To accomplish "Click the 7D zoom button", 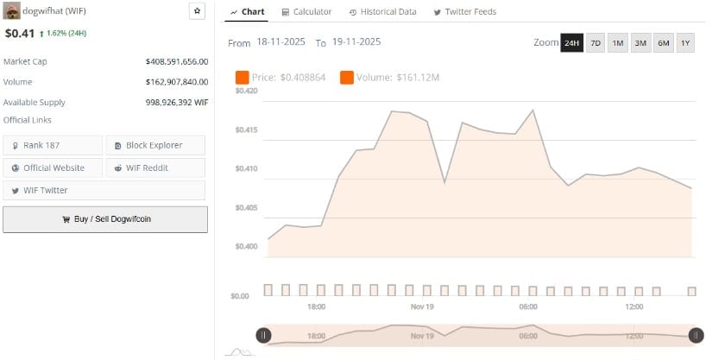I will coord(595,43).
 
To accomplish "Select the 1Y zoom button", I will coord(685,43).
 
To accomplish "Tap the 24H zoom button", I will coord(571,43).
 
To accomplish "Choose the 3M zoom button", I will coord(640,43).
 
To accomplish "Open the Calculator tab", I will coord(306,12).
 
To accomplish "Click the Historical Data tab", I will coord(382,12).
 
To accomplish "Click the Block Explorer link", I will coord(155,145).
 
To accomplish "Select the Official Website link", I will coord(53,167).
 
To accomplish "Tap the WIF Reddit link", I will coord(155,167).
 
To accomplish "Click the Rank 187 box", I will coord(53,145).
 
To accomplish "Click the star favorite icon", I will coord(197,11).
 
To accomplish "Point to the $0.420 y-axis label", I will coord(246,91).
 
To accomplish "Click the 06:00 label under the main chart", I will coord(528,306).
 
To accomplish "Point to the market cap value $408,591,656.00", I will coord(177,61).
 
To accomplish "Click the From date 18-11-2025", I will coord(275,42).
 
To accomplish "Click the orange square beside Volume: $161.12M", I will coord(347,78).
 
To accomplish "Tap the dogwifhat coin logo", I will coord(12,11).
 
